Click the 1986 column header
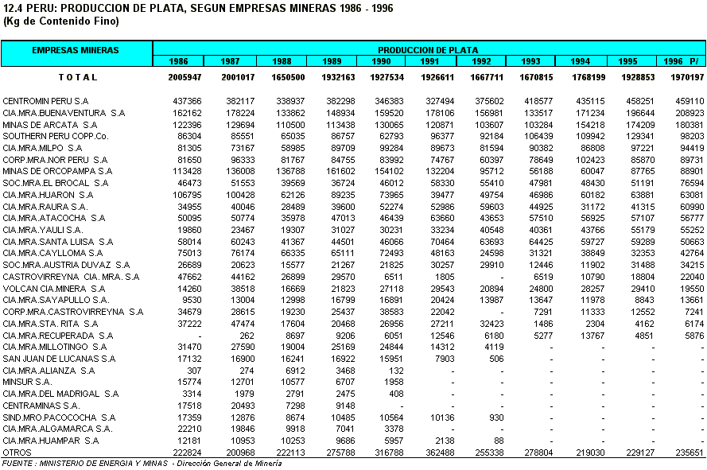click(x=179, y=61)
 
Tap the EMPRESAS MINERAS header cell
click(x=76, y=50)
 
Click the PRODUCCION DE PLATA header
click(x=428, y=50)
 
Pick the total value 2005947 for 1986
click(x=185, y=77)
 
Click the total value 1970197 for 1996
click(x=688, y=77)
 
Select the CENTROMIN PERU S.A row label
click(x=45, y=101)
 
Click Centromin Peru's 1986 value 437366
click(x=188, y=101)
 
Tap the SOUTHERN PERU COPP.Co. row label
click(x=55, y=136)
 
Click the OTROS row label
click(x=17, y=452)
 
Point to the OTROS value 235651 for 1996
click(x=690, y=452)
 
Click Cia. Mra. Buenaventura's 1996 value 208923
click(x=690, y=113)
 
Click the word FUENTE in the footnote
click(x=17, y=463)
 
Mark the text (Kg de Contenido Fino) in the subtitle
click(x=49, y=21)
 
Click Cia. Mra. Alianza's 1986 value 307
click(x=193, y=370)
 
